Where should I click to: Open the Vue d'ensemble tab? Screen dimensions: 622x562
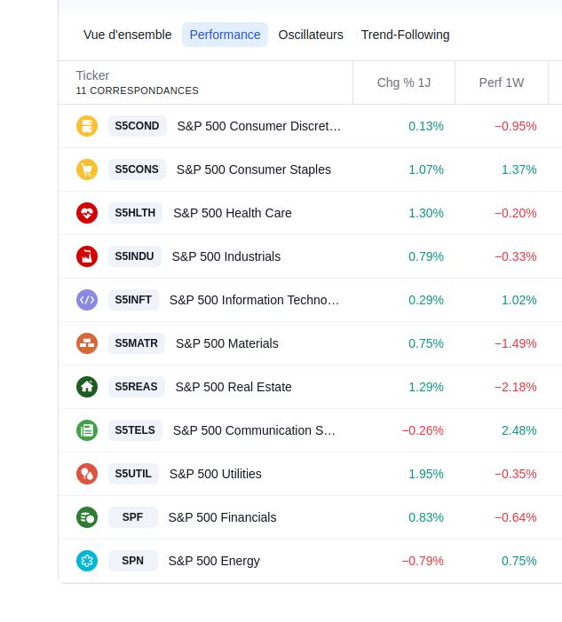coord(127,35)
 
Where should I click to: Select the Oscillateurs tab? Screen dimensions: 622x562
coord(311,35)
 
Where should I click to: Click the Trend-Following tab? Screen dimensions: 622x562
coord(405,35)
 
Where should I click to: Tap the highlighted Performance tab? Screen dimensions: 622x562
coord(225,35)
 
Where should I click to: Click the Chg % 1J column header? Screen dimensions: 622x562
coord(404,83)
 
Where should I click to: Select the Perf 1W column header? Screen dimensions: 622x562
coord(502,83)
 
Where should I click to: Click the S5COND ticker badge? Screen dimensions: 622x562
coord(137,126)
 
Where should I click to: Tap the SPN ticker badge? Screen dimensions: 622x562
coord(132,561)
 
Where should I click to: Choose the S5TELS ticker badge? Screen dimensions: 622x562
coord(135,430)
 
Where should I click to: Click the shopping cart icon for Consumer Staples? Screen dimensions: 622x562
coord(87,169)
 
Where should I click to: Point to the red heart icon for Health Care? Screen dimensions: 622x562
coord(87,213)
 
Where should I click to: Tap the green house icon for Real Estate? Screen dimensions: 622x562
coord(87,387)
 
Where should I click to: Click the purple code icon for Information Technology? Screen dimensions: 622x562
coord(87,300)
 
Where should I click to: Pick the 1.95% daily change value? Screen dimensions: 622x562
coord(426,474)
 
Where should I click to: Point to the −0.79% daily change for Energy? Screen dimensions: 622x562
coord(423,561)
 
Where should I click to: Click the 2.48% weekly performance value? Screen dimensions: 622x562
coord(519,430)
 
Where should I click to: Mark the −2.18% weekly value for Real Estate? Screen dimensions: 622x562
coord(516,387)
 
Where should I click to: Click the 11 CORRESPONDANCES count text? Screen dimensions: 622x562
coord(138,91)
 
